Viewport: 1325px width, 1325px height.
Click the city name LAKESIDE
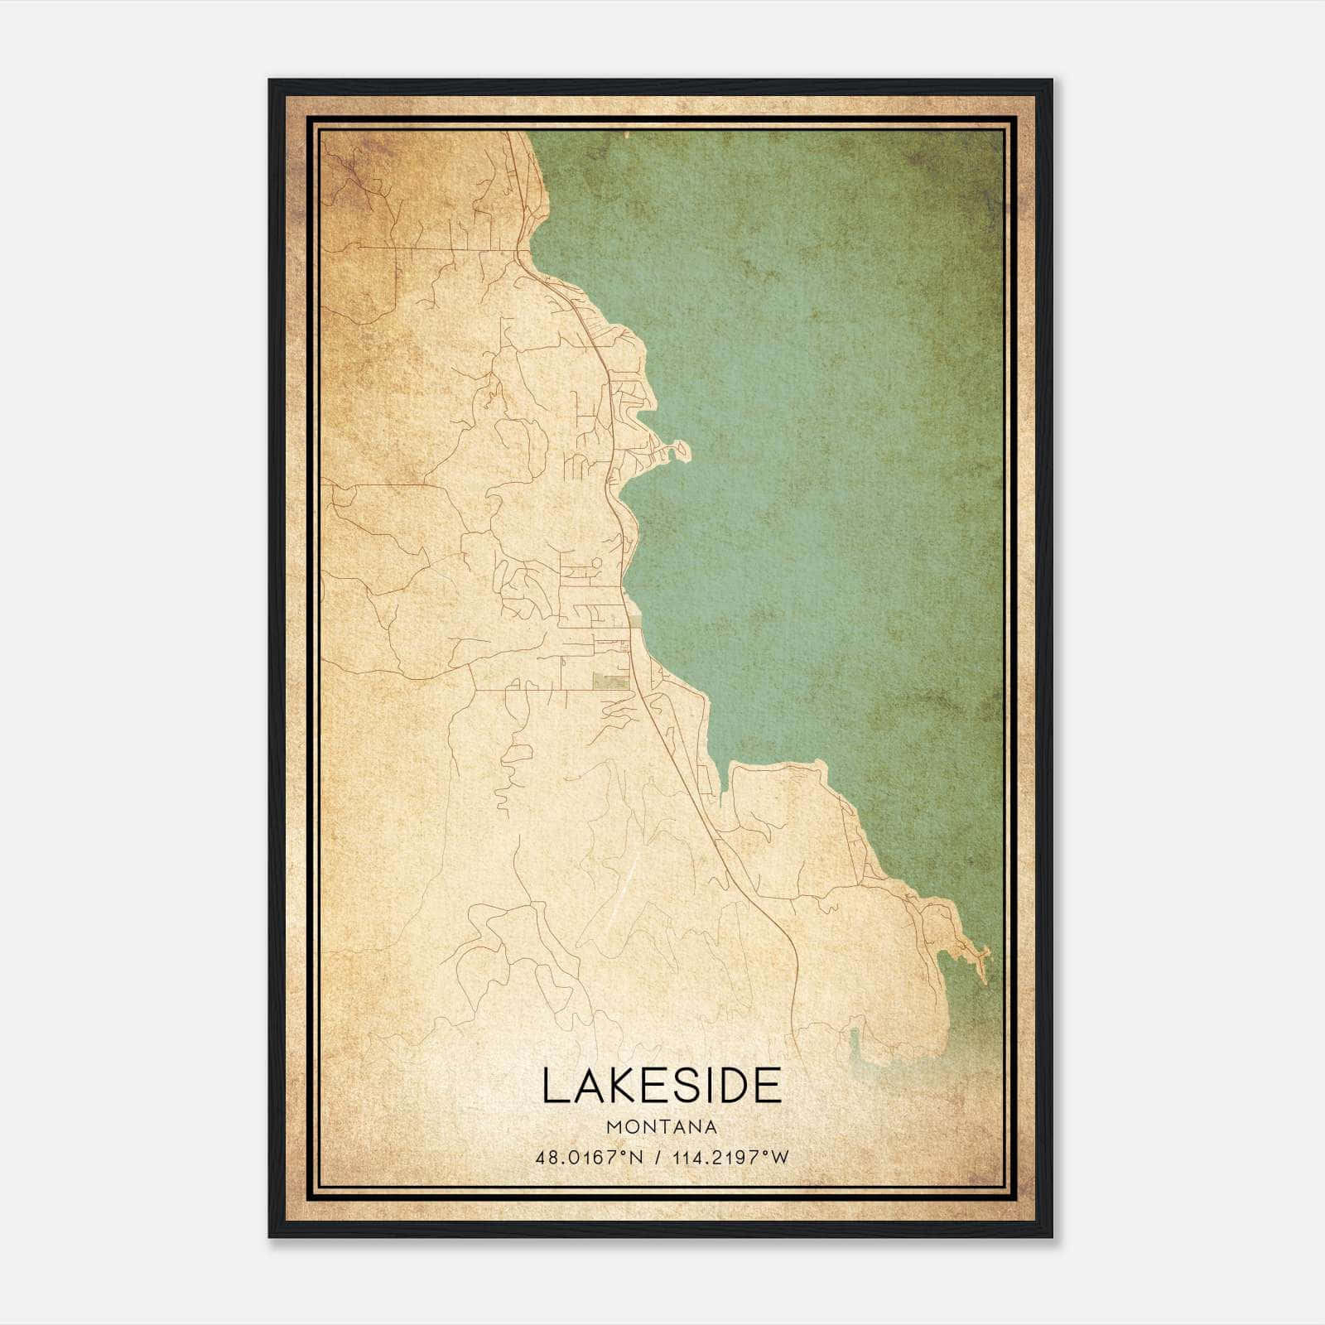[x=662, y=1086]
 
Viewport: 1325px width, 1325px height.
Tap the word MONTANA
[x=662, y=1127]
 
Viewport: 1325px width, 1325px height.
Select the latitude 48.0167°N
[x=589, y=1157]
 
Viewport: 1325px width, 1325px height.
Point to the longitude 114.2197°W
[x=729, y=1157]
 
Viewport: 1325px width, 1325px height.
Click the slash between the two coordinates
[x=657, y=1157]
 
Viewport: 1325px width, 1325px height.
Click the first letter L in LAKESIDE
[x=553, y=1086]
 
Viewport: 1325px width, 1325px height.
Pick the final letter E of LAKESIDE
[x=768, y=1086]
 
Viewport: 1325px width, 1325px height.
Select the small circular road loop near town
[x=587, y=563]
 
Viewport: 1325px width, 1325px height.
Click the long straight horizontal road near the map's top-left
[x=431, y=247]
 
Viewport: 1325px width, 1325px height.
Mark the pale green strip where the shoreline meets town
[x=635, y=629]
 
